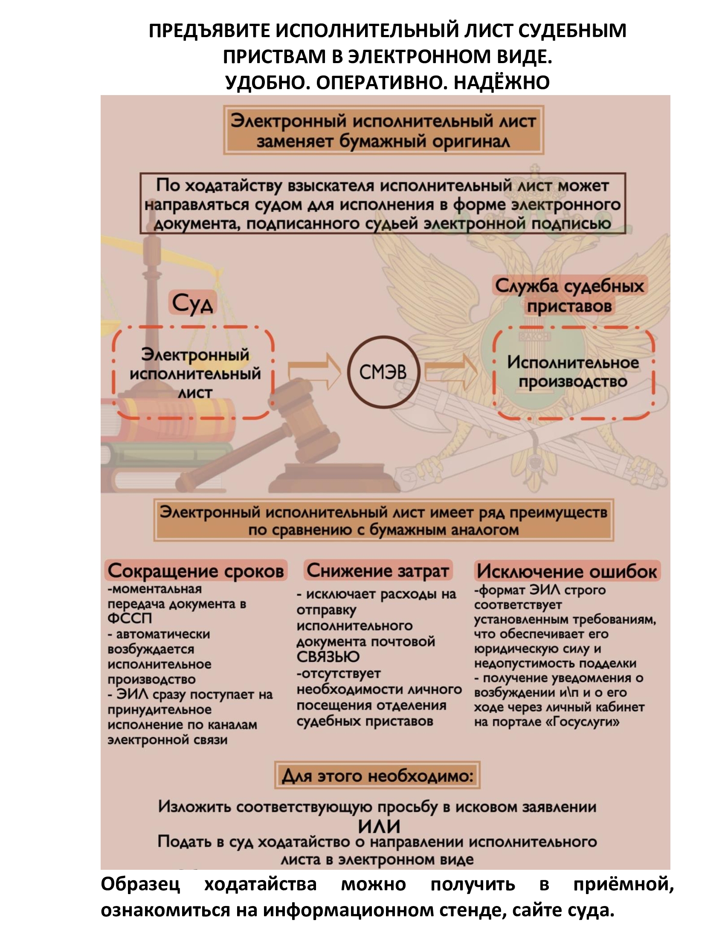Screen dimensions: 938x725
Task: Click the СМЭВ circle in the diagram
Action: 383,372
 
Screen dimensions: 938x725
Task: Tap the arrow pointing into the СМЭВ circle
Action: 314,371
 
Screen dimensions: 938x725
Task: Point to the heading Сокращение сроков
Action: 196,571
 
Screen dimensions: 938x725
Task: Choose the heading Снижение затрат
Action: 377,570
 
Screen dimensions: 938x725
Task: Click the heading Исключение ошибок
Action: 566,571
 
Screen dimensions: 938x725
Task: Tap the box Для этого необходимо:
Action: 377,776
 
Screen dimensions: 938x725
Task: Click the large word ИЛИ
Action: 379,826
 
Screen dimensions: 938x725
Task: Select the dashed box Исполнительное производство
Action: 573,372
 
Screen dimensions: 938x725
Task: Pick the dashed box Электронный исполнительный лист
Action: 194,373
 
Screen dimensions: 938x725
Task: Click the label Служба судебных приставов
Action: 569,295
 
